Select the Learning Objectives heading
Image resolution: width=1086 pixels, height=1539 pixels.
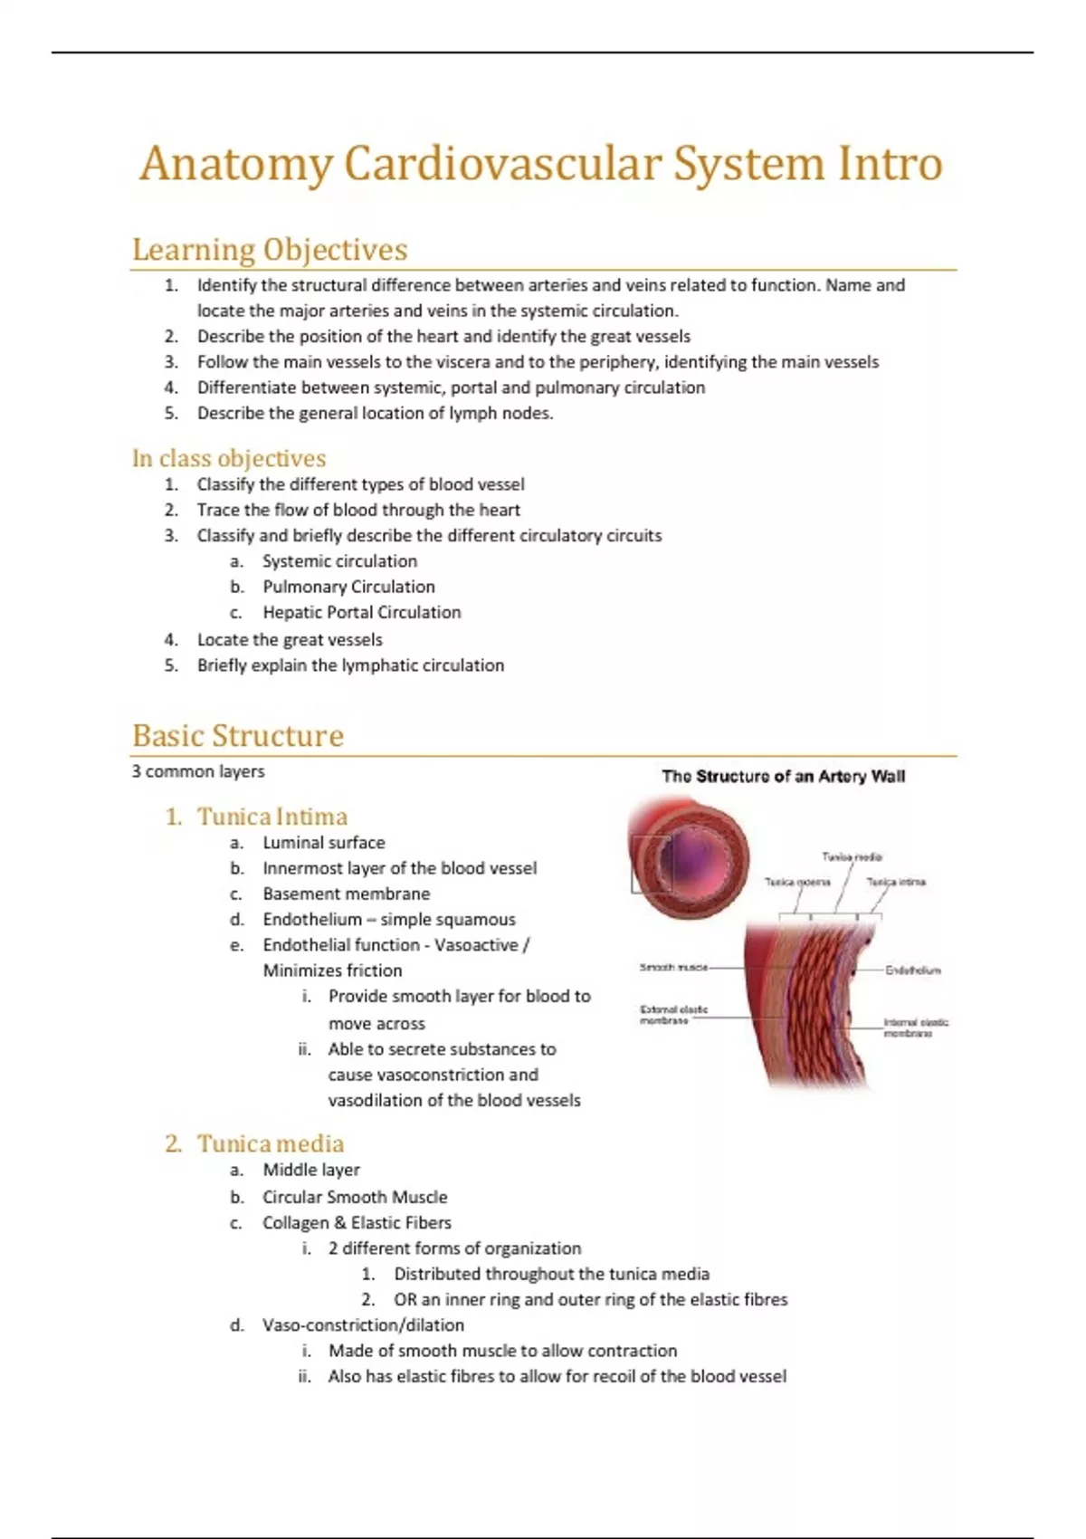(x=270, y=249)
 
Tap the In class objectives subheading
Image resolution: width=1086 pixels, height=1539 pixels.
(x=229, y=458)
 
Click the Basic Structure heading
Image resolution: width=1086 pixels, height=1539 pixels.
(x=238, y=735)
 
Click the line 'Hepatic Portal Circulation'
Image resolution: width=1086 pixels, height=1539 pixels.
(x=361, y=612)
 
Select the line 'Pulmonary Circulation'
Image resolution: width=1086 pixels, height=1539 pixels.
(x=348, y=587)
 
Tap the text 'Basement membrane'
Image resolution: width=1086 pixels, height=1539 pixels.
(x=346, y=894)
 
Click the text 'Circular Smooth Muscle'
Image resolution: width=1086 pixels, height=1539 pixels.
(x=355, y=1197)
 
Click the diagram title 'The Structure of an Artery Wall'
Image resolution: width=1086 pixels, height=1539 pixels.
(x=783, y=776)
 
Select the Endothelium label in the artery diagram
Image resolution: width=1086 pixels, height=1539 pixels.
(x=912, y=970)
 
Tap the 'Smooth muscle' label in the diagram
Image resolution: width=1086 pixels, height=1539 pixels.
(x=673, y=968)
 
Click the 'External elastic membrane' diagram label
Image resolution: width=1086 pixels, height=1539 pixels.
(x=673, y=1015)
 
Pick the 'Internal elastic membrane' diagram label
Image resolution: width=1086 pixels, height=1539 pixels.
(x=915, y=1028)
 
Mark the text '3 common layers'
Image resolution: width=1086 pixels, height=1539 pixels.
(x=198, y=771)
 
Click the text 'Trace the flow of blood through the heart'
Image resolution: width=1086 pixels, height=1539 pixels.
(x=358, y=510)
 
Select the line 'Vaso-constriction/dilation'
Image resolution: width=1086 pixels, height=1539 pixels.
(x=363, y=1324)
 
